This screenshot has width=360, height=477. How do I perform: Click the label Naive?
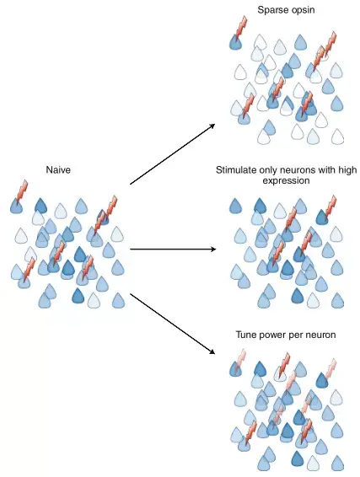coord(58,169)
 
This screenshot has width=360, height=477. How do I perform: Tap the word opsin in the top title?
coord(301,11)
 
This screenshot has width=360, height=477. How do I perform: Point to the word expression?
coord(286,181)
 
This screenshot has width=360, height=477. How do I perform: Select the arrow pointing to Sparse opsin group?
coord(173,154)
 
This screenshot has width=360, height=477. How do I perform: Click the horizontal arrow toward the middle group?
coord(173,249)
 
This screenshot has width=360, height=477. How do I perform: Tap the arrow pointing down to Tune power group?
coord(173,324)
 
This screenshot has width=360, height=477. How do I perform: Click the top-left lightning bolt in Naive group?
coord(22,191)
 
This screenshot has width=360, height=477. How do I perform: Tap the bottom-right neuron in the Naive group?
coord(118,301)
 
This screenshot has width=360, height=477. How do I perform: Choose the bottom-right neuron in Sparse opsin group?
coord(337,137)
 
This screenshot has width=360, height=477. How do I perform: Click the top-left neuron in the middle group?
coord(235,206)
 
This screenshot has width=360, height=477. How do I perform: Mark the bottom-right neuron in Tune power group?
coord(337,463)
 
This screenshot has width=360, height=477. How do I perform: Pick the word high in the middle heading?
coord(347,169)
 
